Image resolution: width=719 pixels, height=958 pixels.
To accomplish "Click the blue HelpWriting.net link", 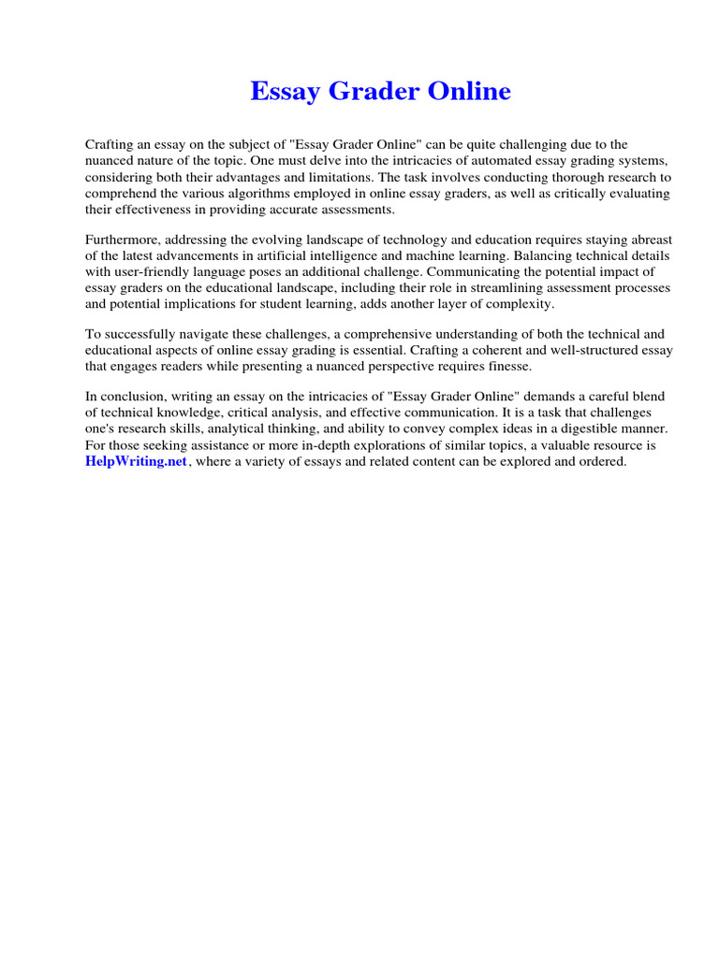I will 137,462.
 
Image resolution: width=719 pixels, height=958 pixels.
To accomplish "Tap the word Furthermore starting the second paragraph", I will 124,240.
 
